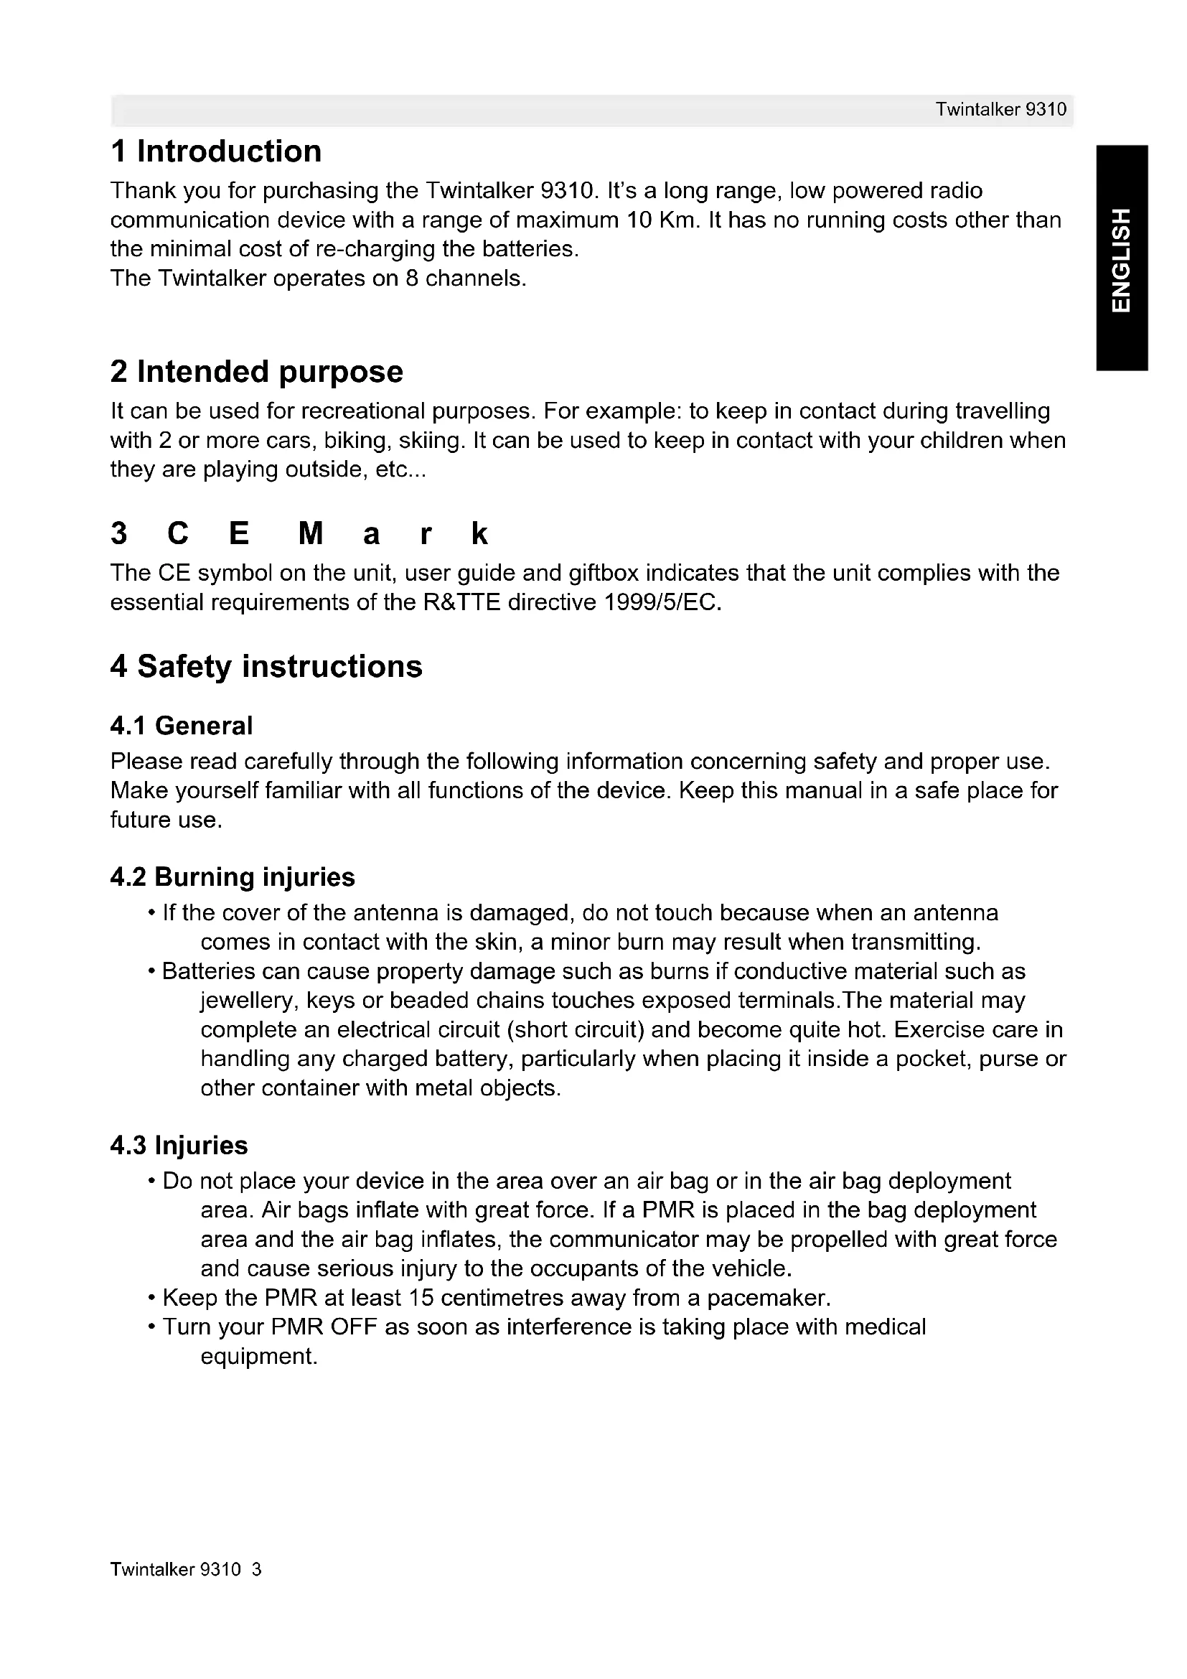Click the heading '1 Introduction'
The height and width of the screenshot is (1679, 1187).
(215, 151)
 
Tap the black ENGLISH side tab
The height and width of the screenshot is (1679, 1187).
(1121, 259)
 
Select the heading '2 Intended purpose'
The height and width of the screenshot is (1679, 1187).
(256, 372)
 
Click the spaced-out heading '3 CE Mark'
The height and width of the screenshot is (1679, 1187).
(299, 534)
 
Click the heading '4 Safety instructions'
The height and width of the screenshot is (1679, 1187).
(266, 666)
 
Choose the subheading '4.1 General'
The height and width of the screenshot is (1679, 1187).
(182, 726)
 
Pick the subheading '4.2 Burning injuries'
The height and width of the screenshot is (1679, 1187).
(233, 876)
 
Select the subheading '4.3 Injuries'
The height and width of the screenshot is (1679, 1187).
(179, 1145)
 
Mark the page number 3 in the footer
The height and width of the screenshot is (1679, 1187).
(255, 1570)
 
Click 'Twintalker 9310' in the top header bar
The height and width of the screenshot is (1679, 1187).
(1000, 110)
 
